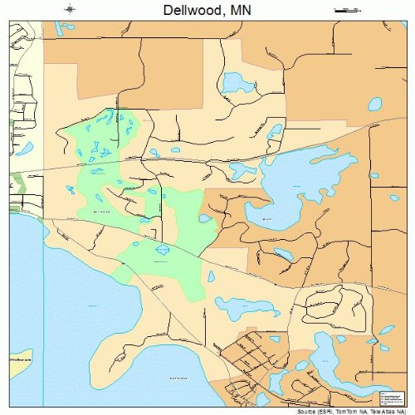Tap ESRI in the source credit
[x=330, y=410]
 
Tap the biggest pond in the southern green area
[x=163, y=249]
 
